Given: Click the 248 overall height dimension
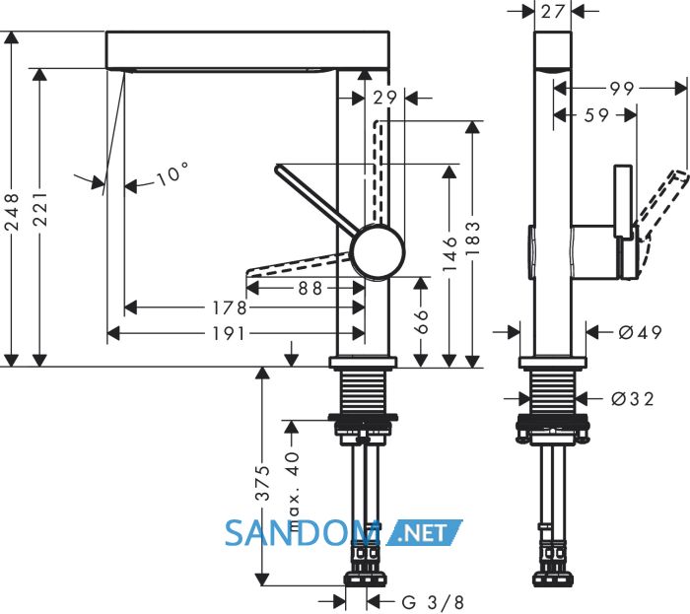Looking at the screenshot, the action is click(x=13, y=212).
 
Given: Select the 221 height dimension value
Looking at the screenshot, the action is click(x=40, y=209).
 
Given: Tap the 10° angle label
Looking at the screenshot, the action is click(x=172, y=174).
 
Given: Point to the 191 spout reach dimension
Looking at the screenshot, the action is click(x=229, y=334).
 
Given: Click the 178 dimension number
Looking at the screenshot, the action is click(x=230, y=307).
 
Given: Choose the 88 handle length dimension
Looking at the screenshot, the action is click(x=310, y=289).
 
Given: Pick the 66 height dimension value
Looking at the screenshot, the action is click(x=421, y=321).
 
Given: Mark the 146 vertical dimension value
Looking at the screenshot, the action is click(x=449, y=253).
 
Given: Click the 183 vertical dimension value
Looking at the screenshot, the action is click(x=472, y=239).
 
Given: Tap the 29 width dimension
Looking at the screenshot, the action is click(x=384, y=98).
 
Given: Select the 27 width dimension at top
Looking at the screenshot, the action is click(x=552, y=12).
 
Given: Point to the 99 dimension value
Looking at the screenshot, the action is click(x=622, y=89).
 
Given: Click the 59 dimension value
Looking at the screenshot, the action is click(x=596, y=115).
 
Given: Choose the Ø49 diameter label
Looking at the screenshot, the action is click(x=641, y=332).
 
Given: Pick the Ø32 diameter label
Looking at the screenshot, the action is click(x=633, y=399).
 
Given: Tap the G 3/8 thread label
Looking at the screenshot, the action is click(x=433, y=602).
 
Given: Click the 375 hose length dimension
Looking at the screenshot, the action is click(x=263, y=483).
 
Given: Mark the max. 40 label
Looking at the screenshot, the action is click(x=293, y=484).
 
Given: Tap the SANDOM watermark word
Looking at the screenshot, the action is click(x=302, y=533).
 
